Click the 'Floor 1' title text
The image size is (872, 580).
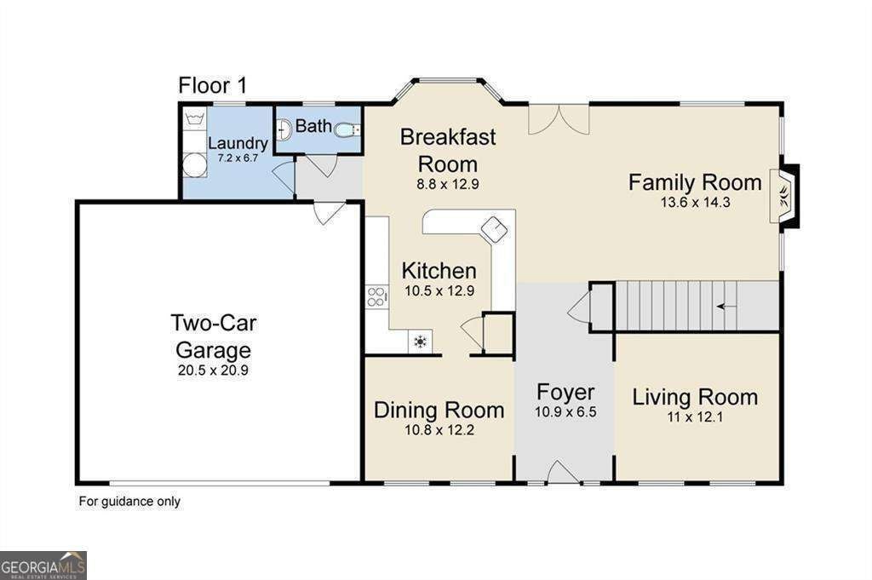[212, 86]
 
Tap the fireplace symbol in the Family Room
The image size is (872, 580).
[784, 196]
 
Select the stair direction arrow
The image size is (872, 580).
[726, 306]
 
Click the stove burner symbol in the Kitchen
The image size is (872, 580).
[376, 296]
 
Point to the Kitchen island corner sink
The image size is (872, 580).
[495, 229]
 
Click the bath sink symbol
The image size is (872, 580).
[284, 130]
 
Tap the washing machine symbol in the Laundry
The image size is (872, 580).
[195, 119]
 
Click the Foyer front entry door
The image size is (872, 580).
[564, 472]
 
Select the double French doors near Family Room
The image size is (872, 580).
[559, 119]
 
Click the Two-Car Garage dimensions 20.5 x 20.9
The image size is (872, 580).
[213, 370]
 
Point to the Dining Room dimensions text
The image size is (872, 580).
[439, 430]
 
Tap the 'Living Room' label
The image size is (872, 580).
[695, 397]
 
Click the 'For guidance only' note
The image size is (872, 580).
[129, 502]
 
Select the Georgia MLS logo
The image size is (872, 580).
[43, 566]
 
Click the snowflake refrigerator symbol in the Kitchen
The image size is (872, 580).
[421, 342]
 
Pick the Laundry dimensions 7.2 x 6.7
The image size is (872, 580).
[238, 158]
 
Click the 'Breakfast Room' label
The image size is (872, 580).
[448, 150]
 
